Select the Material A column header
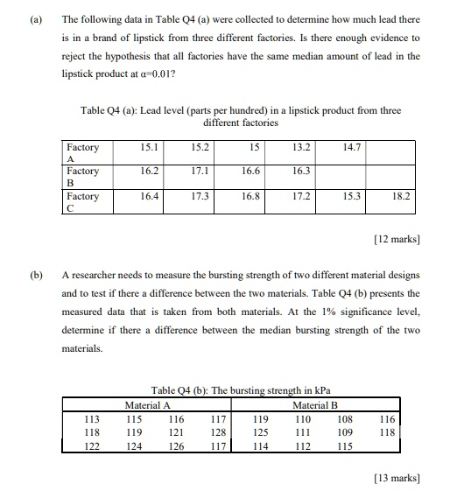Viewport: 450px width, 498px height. [147, 405]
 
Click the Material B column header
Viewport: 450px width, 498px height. [316, 405]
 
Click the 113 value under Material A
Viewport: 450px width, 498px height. [90, 418]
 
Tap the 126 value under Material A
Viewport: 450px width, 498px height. [176, 445]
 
